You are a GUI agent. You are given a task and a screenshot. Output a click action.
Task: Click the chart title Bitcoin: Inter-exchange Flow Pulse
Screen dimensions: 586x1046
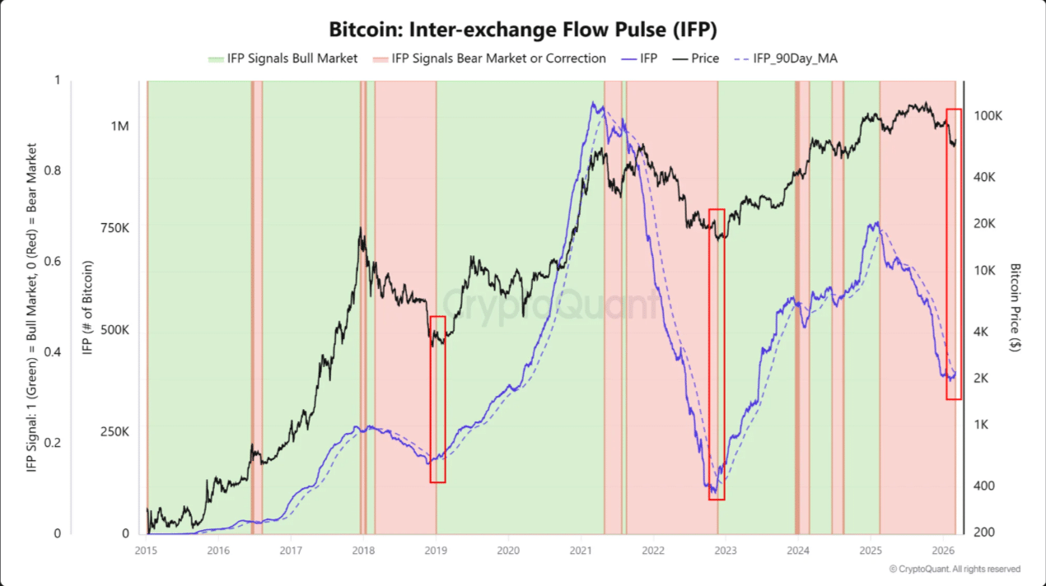coord(523,30)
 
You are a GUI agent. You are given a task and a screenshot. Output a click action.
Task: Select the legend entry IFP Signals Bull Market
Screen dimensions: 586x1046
coord(283,58)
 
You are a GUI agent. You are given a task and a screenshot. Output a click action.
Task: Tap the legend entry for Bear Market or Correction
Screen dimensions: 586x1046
coord(489,58)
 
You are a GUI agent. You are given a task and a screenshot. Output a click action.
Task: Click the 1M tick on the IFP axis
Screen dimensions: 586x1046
coord(119,126)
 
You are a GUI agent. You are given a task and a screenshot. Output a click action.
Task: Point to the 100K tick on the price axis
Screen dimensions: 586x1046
coord(988,116)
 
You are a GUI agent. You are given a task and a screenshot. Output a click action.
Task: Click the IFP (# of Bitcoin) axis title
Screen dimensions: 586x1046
coord(87,309)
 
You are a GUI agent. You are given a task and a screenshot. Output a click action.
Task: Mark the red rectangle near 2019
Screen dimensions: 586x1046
coord(437,399)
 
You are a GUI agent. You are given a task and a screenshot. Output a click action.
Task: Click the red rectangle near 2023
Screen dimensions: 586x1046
coord(717,354)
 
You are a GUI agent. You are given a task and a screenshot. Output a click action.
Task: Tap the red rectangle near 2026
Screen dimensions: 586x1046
coord(954,253)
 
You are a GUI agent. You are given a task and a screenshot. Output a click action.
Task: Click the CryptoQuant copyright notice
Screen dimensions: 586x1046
coord(955,569)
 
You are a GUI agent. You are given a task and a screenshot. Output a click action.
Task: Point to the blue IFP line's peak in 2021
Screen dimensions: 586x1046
coord(592,103)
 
